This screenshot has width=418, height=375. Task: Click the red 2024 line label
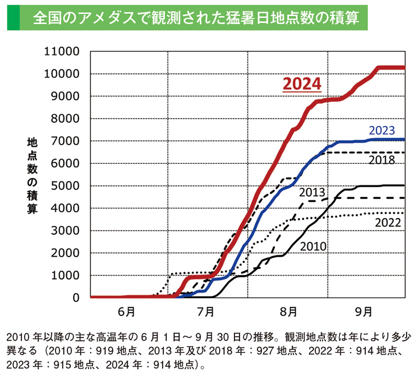point(301,84)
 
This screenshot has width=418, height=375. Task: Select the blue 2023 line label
point(381,130)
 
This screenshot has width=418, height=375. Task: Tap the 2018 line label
point(381,160)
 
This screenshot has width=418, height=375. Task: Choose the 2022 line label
point(388,223)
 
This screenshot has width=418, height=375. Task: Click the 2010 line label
point(313,246)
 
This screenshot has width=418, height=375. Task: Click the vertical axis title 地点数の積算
point(32,176)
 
